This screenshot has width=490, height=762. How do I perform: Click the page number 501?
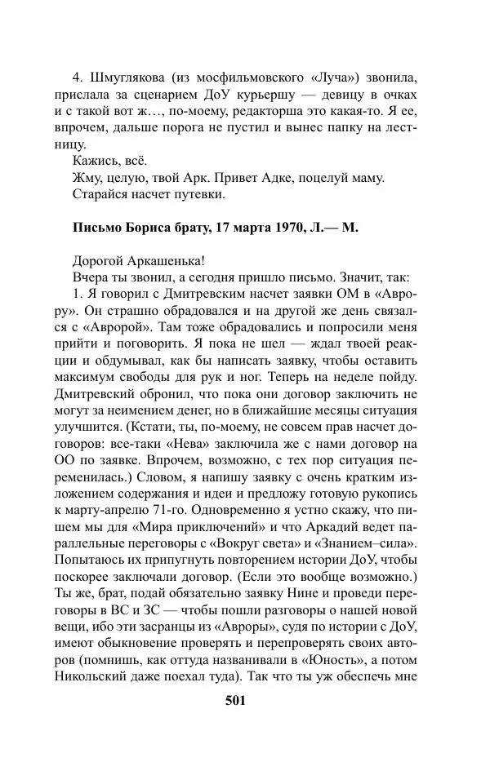tap(235, 701)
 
